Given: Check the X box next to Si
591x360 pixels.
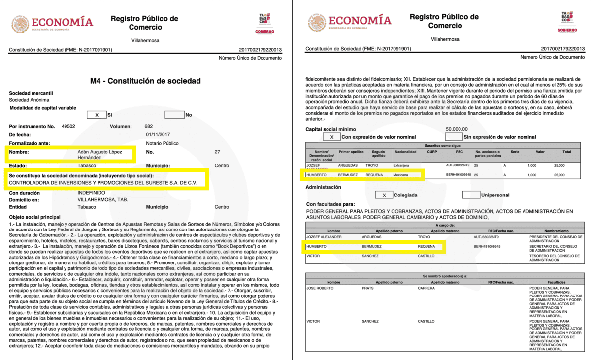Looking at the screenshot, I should coord(97,115).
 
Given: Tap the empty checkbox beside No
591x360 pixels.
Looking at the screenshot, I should coord(174,115).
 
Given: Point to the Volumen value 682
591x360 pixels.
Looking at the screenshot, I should coord(149,126).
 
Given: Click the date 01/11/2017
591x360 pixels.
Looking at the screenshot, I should coord(157,134).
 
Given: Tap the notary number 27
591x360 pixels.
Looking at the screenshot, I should coord(218,152).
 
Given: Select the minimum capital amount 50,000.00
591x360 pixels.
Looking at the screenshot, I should coord(457,129).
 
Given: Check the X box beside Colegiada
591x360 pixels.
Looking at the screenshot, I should coord(384,195).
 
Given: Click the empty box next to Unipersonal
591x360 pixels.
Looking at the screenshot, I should coord(471,195).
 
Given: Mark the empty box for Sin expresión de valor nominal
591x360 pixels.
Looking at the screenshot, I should coord(454,137).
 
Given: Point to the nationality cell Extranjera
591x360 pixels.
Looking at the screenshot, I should coord(401,166).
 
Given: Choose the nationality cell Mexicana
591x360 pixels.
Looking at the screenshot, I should coord(401,175).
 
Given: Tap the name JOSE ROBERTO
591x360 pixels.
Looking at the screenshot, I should coord(321,287).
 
